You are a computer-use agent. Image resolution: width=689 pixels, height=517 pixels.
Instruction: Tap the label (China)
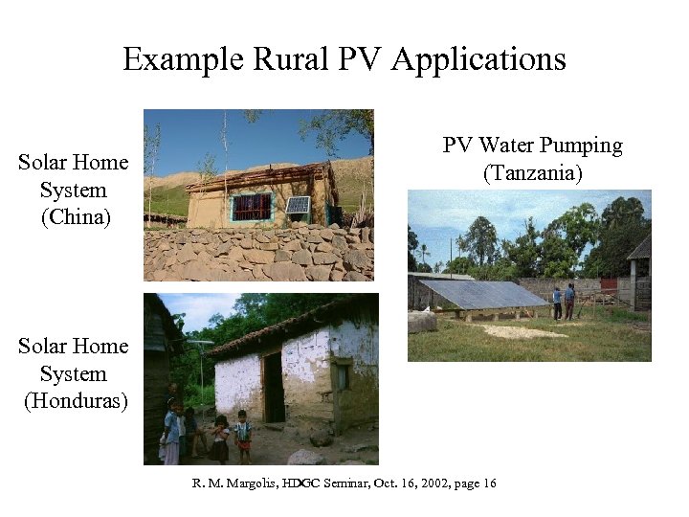76,217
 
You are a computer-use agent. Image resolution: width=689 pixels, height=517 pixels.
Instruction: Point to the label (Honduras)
76,400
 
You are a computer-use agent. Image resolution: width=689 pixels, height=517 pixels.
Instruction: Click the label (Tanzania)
532,173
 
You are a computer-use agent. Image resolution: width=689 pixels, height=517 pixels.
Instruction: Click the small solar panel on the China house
298,205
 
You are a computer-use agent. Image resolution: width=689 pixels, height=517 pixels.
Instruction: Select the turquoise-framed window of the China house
252,207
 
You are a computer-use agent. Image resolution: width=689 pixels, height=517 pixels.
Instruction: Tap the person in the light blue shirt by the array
557,303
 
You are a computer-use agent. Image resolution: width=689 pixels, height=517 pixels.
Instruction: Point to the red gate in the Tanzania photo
610,285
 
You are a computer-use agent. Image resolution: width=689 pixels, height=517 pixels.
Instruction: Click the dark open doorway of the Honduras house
274,387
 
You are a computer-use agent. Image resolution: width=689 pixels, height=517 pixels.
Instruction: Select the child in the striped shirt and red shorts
243,436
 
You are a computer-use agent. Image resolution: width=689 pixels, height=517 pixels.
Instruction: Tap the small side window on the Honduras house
341,376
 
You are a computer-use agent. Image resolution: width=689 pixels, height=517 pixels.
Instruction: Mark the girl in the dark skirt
220,440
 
